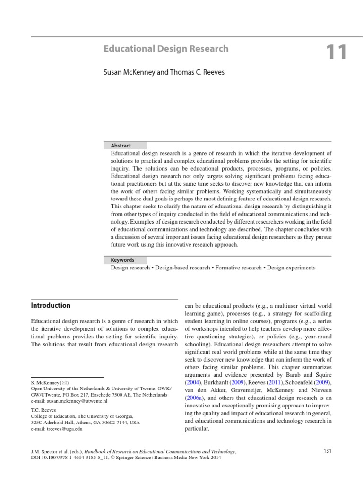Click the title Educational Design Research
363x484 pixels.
pos(166,49)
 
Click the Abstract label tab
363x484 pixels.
pos(121,146)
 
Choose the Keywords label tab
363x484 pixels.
pos(122,260)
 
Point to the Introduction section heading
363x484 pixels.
pos(51,305)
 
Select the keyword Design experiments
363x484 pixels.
pos(291,268)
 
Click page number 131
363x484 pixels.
pos(327,451)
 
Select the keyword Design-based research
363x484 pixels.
pos(182,268)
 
